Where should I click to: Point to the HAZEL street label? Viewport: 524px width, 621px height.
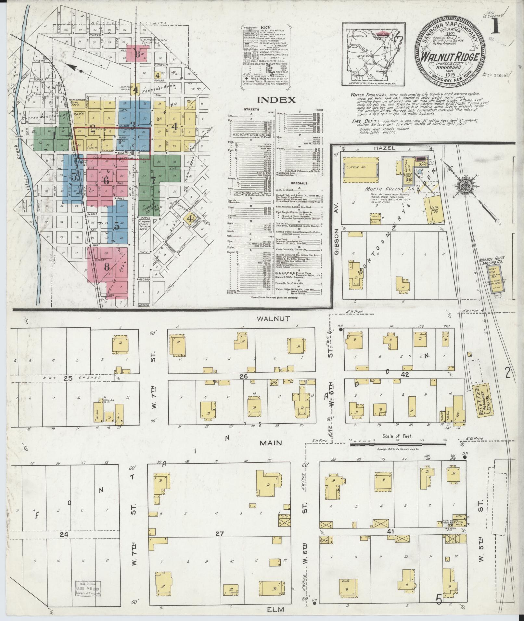(386, 148)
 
